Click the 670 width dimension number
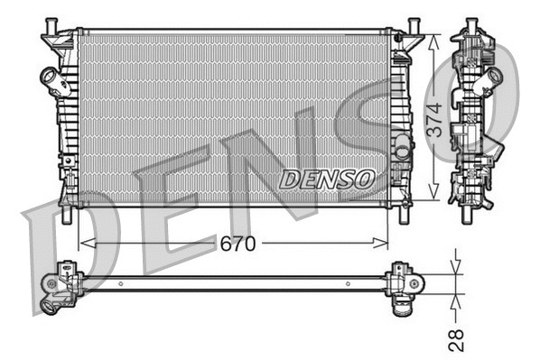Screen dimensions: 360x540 234,244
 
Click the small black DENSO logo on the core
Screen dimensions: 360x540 326,179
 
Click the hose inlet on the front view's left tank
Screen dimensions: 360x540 48,79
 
